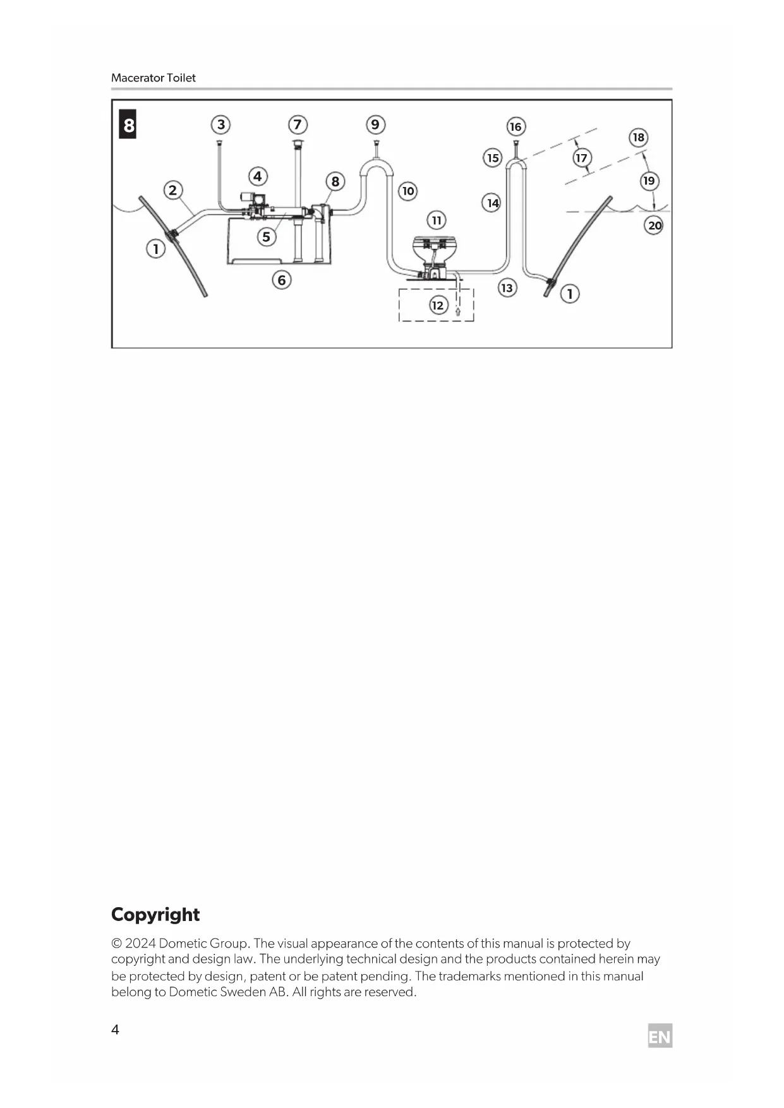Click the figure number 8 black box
[x=128, y=124]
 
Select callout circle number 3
[x=220, y=124]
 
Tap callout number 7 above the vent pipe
[x=298, y=124]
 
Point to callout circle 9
[x=375, y=124]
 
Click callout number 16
[x=516, y=126]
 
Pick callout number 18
[x=638, y=137]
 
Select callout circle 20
[x=654, y=225]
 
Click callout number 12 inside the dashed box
[x=438, y=305]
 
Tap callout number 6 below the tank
[x=282, y=279]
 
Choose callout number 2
[x=172, y=190]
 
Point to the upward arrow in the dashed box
[x=458, y=311]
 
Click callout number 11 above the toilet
[x=436, y=220]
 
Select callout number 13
[x=507, y=287]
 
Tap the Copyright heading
[x=155, y=914]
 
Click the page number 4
[x=115, y=1030]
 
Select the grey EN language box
[x=660, y=1036]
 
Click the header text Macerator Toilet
[x=154, y=78]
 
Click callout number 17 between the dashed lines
[x=581, y=158]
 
